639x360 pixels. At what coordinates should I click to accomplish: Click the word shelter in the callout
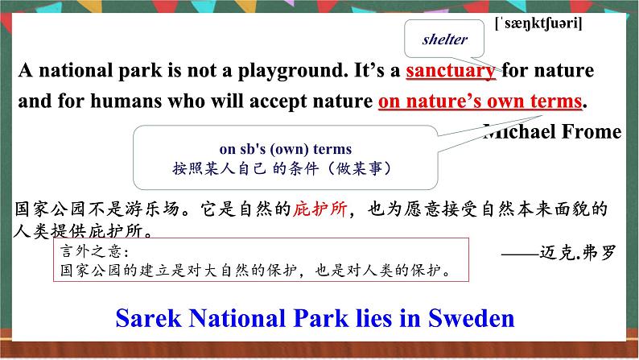tap(444, 39)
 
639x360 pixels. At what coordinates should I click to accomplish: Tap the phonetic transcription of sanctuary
tap(538, 23)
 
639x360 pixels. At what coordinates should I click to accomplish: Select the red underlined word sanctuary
tap(451, 71)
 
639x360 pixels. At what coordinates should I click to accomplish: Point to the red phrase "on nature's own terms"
tap(480, 101)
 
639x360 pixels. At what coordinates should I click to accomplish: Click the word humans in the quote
tap(126, 101)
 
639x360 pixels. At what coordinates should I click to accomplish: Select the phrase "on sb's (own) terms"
tap(285, 149)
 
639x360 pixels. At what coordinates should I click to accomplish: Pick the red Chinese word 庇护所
tap(320, 209)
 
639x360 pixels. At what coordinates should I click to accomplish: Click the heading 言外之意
tap(94, 251)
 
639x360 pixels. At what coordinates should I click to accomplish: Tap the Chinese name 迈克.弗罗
tap(578, 253)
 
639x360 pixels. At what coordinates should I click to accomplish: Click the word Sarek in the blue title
tap(148, 318)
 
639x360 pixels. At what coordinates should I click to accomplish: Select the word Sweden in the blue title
tap(471, 318)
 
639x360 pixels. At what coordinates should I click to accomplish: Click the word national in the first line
tap(76, 71)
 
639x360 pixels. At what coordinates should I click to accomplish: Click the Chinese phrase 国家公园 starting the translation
tap(50, 209)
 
